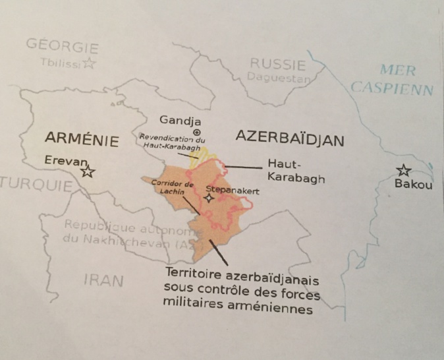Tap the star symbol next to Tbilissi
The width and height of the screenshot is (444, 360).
click(x=89, y=63)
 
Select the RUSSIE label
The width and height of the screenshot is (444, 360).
click(x=277, y=65)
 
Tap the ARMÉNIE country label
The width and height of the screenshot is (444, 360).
click(x=82, y=140)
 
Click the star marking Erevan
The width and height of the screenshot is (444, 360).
click(x=87, y=172)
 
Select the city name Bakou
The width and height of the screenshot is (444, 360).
click(x=413, y=185)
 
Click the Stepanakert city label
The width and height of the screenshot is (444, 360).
click(x=233, y=189)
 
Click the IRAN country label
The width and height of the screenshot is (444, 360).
click(x=103, y=280)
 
